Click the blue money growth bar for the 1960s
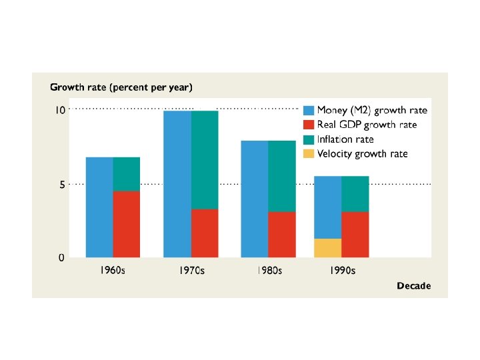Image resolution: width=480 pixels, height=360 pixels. (x=99, y=207)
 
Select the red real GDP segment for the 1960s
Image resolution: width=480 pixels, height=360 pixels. (x=127, y=224)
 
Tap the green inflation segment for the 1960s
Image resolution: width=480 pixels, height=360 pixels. (x=127, y=174)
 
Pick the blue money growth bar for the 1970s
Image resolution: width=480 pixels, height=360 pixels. (x=177, y=183)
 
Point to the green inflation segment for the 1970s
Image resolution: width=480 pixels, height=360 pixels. (x=205, y=160)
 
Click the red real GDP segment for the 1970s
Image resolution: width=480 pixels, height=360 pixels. (x=205, y=233)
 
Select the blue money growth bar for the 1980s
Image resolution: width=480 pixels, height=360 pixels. (x=255, y=199)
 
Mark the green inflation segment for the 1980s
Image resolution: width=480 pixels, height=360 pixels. (x=282, y=176)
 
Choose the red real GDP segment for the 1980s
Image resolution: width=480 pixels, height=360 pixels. (x=282, y=234)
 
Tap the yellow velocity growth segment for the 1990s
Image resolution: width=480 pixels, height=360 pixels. (x=328, y=247)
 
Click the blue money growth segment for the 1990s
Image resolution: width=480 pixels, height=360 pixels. (x=328, y=207)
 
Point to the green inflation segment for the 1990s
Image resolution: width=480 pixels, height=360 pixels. (x=355, y=194)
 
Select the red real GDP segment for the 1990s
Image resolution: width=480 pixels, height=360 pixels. (x=355, y=234)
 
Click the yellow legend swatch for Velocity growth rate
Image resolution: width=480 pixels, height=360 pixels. (x=309, y=155)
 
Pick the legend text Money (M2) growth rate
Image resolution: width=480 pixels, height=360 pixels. (x=372, y=110)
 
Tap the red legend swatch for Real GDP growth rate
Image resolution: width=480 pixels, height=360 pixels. (x=309, y=125)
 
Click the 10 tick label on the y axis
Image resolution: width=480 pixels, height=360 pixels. (x=60, y=110)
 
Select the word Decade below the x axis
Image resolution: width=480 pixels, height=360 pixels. (x=413, y=286)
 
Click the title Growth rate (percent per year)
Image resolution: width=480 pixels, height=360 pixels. (x=121, y=87)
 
